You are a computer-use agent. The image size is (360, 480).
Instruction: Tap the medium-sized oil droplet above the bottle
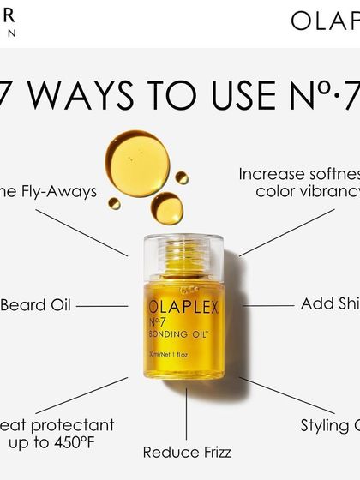167,207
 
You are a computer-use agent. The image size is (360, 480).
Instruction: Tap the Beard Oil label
36,305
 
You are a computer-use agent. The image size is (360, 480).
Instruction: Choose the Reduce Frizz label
186,452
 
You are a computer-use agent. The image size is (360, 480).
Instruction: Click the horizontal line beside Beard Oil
103,305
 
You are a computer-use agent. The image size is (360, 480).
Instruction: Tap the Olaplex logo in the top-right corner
325,21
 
